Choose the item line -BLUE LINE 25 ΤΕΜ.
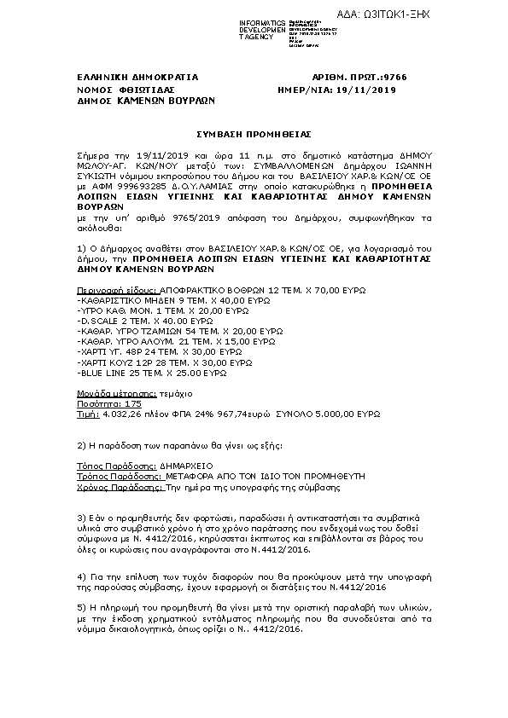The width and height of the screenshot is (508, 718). tap(151, 373)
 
